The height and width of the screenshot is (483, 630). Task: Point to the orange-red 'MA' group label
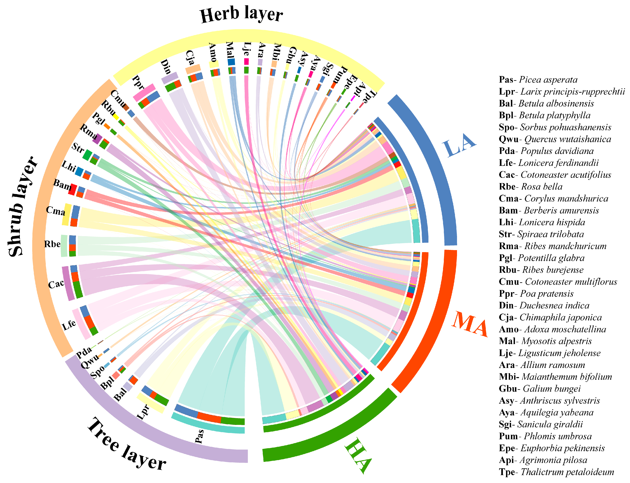point(470,324)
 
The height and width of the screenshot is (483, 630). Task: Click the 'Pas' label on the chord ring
point(199,436)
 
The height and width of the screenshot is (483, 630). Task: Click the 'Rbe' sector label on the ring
point(52,244)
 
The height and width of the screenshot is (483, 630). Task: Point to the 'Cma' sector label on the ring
point(56,211)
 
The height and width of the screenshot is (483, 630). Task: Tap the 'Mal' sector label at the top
point(230,50)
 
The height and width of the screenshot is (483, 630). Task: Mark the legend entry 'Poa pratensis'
point(536,293)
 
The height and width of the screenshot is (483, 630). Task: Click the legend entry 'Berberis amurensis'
point(549,210)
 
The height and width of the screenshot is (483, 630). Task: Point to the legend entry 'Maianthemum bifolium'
point(555,377)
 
